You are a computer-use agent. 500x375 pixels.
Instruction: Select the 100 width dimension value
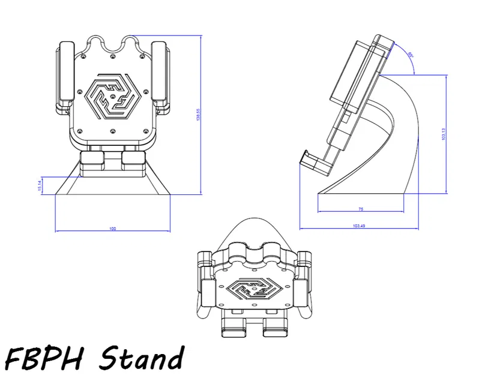[x=112, y=229]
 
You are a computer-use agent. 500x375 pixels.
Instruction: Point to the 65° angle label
[x=411, y=55]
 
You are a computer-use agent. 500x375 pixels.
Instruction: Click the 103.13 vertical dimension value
[x=443, y=134]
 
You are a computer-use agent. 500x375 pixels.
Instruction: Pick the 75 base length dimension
[x=360, y=209]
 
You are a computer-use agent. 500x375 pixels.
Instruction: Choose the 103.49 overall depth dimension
[x=359, y=226]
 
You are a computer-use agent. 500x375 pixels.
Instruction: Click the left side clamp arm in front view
[x=65, y=75]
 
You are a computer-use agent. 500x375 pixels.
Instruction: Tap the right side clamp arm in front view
[x=159, y=75]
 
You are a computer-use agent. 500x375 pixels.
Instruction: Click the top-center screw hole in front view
[x=113, y=58]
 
